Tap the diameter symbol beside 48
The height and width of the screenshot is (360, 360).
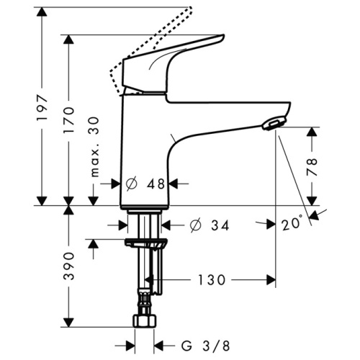(132, 184)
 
